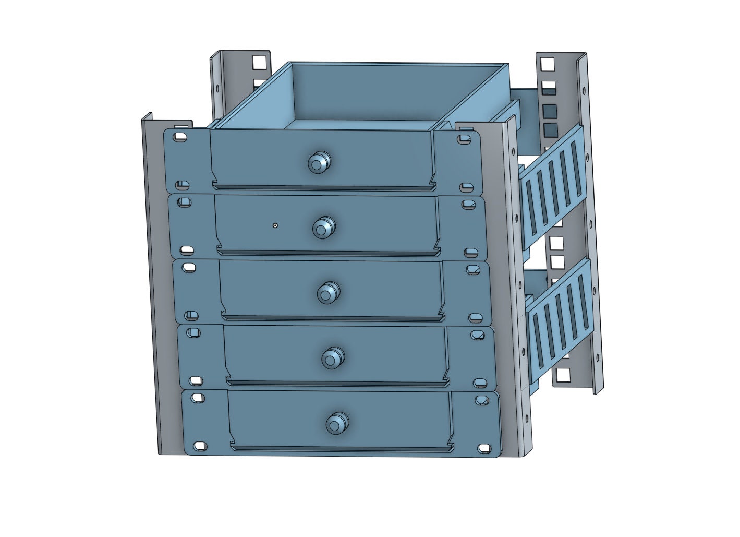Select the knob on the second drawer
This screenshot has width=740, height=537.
[x=323, y=228]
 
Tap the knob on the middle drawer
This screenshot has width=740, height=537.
[x=328, y=293]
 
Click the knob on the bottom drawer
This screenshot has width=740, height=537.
[x=336, y=423]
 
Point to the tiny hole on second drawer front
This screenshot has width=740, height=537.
[x=275, y=225]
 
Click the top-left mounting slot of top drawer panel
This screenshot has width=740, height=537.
[x=180, y=136]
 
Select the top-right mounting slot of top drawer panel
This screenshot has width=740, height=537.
[x=463, y=139]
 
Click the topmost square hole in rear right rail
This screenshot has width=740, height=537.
[x=547, y=64]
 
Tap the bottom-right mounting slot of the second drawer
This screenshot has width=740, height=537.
[x=471, y=253]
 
